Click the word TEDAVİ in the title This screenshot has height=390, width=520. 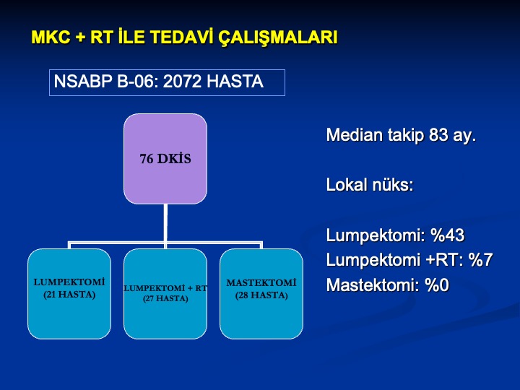(181, 37)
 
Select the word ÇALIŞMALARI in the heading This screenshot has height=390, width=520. (277, 38)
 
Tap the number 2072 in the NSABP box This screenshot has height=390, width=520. (182, 82)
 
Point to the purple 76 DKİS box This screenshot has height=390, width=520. (165, 158)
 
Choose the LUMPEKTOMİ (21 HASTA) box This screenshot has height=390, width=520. (69, 294)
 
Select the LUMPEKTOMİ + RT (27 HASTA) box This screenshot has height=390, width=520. (165, 294)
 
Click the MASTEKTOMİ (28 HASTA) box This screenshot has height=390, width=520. (261, 294)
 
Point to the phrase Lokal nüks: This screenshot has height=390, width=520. (370, 184)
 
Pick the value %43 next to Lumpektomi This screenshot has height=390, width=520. (447, 235)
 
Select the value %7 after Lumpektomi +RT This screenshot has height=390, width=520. (480, 260)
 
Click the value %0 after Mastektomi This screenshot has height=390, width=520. (437, 285)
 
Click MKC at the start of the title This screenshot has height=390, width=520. (51, 37)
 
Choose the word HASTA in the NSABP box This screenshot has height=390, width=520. (235, 82)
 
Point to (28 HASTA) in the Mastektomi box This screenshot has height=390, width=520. (261, 295)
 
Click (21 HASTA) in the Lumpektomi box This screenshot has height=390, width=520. (69, 295)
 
